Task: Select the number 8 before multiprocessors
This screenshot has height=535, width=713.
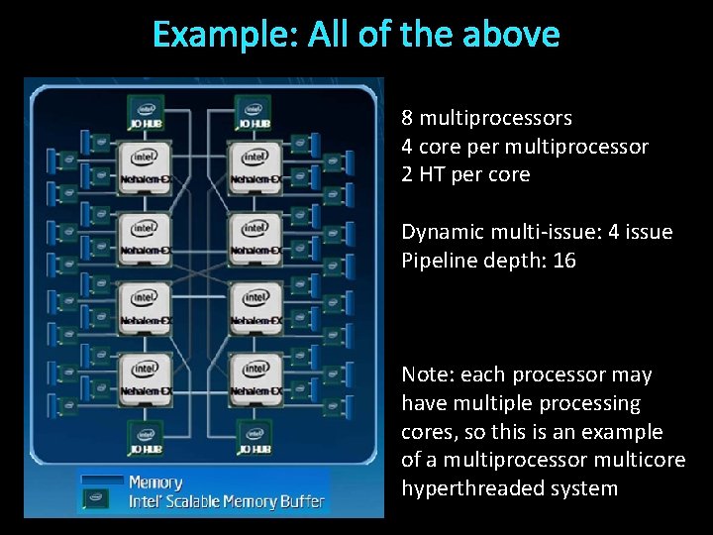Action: tap(407, 118)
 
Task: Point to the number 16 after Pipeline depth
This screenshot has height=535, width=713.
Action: tap(565, 261)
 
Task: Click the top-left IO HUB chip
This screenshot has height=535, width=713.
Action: tap(146, 113)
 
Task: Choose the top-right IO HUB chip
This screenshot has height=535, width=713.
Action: tap(254, 113)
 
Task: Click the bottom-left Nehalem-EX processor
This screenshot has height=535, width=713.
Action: tap(146, 378)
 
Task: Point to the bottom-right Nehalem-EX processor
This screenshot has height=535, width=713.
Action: tap(255, 378)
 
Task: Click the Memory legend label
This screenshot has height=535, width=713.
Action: tap(155, 482)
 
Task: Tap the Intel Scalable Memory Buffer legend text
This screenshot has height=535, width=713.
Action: tap(226, 501)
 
